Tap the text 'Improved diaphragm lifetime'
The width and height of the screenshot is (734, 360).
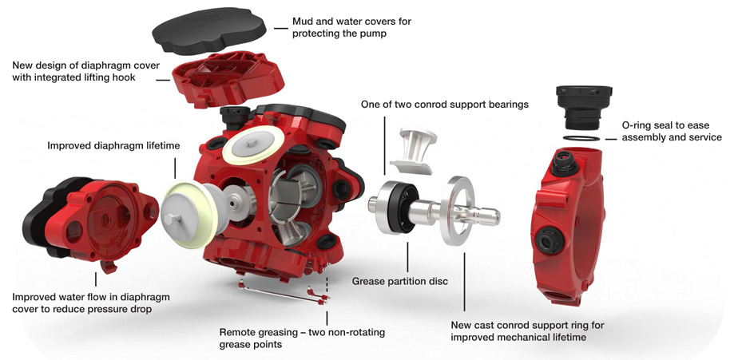[x=111, y=145]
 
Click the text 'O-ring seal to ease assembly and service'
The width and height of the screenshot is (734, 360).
[x=672, y=131]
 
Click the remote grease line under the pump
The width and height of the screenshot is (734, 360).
[x=280, y=293]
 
